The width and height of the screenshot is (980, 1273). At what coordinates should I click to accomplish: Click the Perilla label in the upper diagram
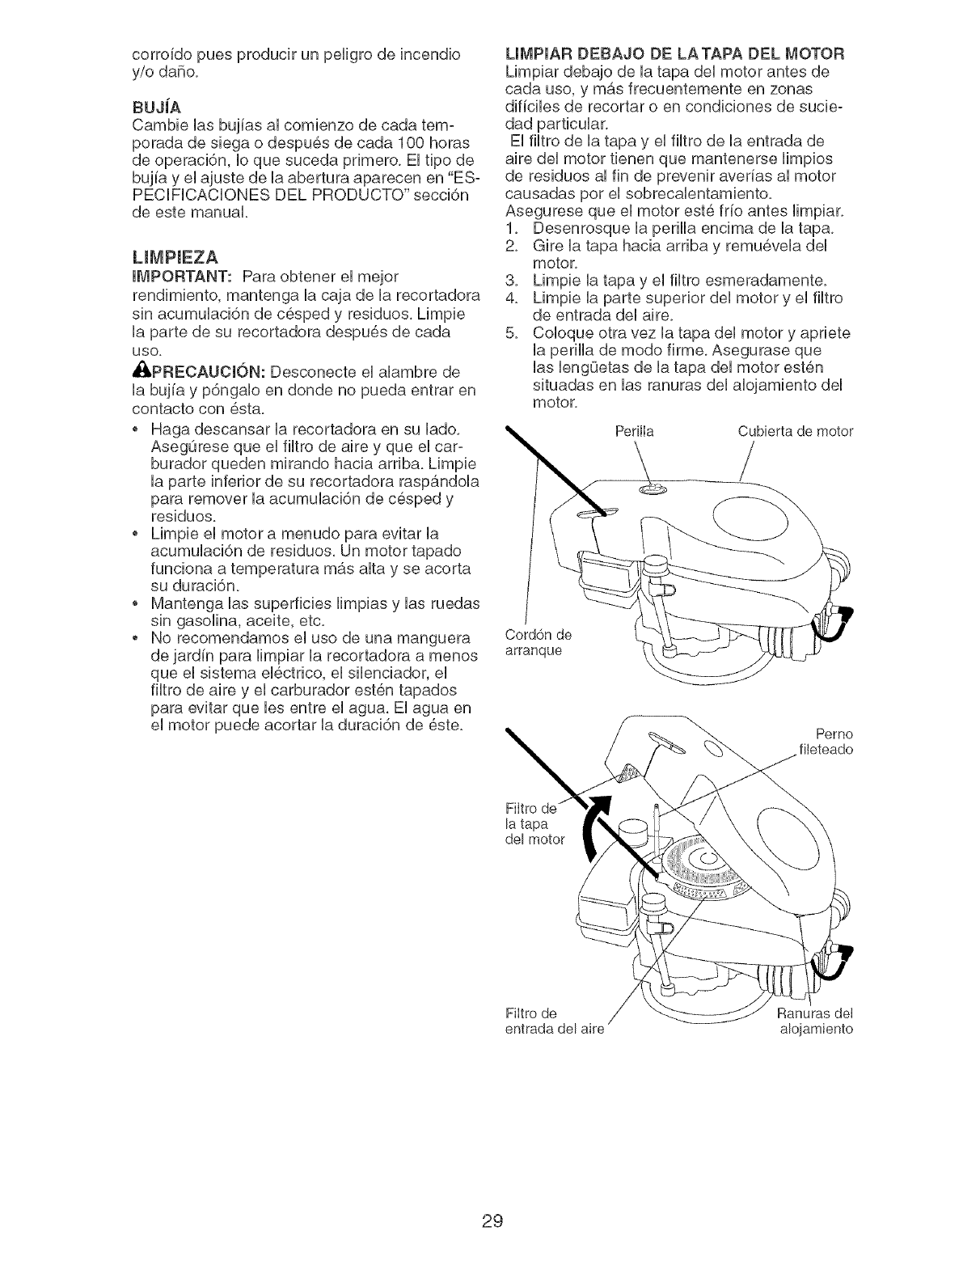point(637,431)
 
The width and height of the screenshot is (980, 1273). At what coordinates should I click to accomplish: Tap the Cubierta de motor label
point(796,431)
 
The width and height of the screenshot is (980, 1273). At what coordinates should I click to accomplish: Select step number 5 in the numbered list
point(511,334)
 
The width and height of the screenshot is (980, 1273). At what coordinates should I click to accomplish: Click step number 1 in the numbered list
point(511,227)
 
